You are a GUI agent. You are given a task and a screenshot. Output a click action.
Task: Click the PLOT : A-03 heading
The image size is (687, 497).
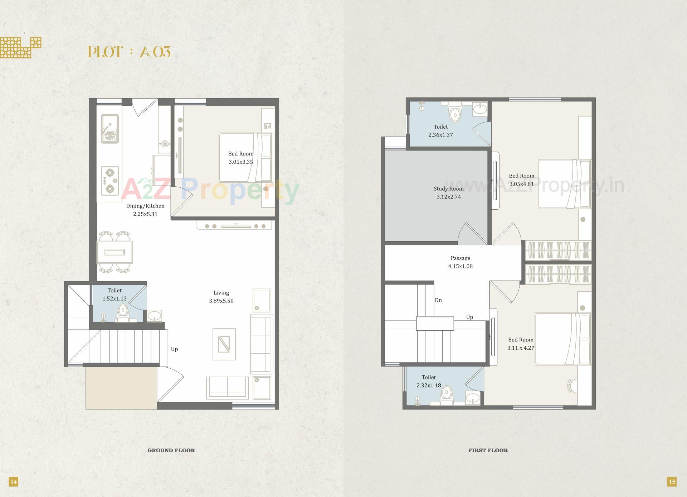pyautogui.click(x=129, y=52)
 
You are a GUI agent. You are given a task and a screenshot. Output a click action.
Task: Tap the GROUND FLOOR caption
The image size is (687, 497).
pyautogui.click(x=171, y=450)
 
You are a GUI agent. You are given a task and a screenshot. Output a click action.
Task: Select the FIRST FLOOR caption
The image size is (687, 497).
pyautogui.click(x=488, y=450)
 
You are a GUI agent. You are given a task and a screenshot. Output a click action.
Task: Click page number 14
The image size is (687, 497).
pyautogui.click(x=13, y=482)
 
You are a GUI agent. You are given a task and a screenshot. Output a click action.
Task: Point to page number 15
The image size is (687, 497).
pyautogui.click(x=672, y=482)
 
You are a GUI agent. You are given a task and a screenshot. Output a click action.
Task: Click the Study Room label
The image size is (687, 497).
pyautogui.click(x=449, y=192)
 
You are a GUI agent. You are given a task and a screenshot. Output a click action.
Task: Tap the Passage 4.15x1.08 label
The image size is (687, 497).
pyautogui.click(x=461, y=262)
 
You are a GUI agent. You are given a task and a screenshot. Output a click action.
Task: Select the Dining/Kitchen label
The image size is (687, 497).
pyautogui.click(x=145, y=210)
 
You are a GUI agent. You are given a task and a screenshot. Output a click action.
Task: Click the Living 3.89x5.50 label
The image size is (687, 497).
pyautogui.click(x=221, y=297)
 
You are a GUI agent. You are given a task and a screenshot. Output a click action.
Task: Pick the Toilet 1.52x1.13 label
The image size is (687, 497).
pyautogui.click(x=114, y=294)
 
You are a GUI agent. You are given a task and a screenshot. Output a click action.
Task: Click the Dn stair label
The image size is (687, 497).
pyautogui.click(x=438, y=300)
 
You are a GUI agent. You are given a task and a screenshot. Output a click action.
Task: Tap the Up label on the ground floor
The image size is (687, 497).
pyautogui.click(x=174, y=349)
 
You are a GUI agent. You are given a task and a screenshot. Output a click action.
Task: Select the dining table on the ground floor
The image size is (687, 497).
pyautogui.click(x=115, y=252)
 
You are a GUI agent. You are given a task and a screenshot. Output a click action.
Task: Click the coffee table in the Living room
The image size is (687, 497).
pyautogui.click(x=224, y=344)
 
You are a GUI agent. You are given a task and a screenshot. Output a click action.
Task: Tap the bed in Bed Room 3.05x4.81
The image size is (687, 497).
pyautogui.click(x=564, y=184)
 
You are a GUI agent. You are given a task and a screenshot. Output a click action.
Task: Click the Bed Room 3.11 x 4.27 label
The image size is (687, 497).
pyautogui.click(x=521, y=344)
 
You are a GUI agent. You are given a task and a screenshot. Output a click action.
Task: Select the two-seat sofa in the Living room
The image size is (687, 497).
pyautogui.click(x=227, y=388)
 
